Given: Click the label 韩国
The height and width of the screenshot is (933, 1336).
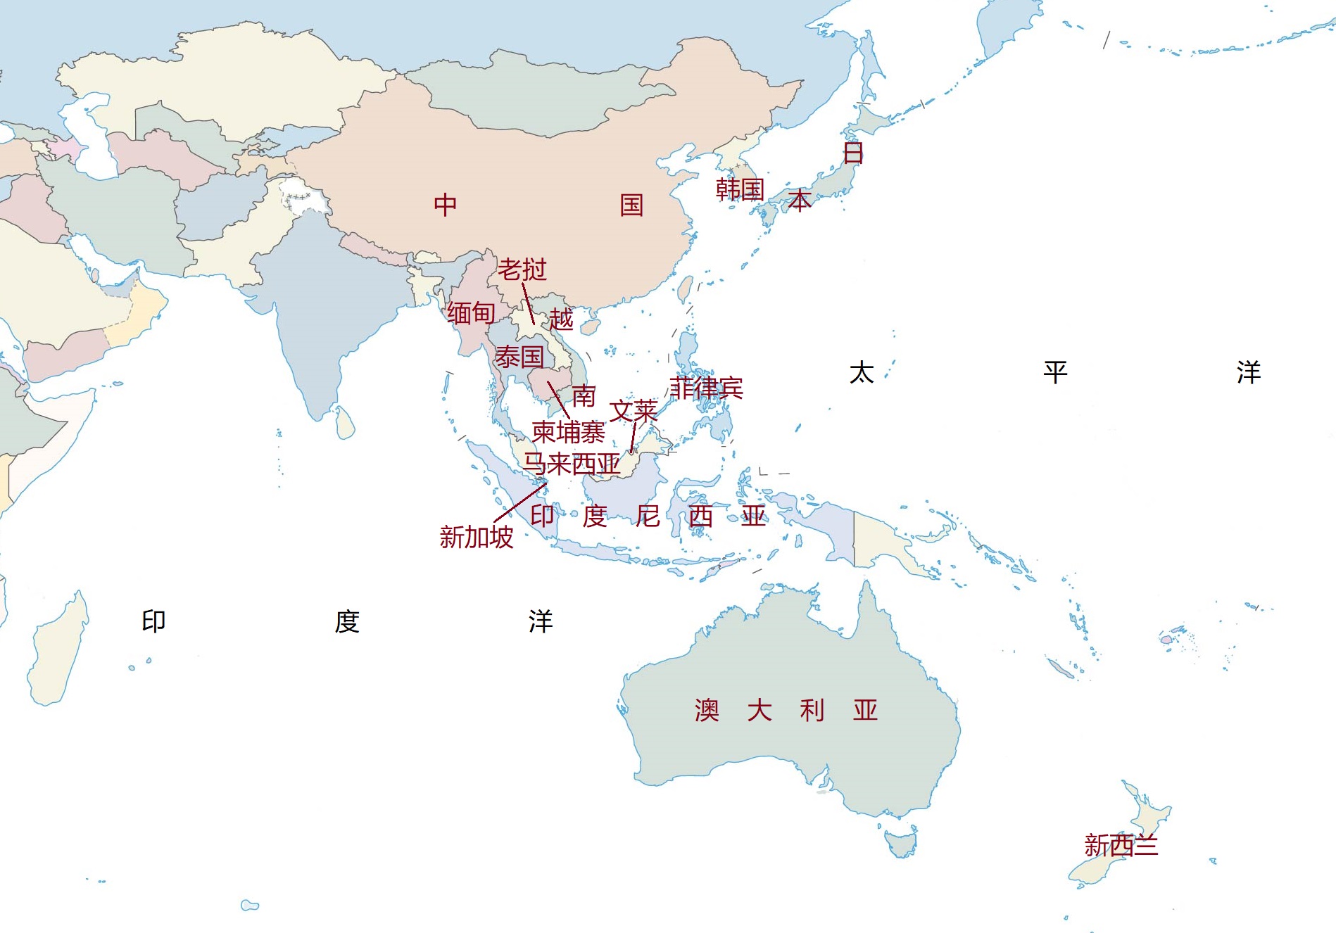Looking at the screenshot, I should (740, 189).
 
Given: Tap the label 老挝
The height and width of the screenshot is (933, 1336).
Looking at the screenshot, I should (522, 269).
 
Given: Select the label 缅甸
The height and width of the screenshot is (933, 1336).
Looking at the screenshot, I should (471, 313).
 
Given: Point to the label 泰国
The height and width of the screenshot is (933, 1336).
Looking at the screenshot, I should (519, 357).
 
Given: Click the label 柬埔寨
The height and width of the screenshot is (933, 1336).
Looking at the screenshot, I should (568, 432).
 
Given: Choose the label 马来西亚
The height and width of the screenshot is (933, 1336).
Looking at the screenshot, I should (571, 464).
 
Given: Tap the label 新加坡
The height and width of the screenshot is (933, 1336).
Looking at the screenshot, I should (477, 538).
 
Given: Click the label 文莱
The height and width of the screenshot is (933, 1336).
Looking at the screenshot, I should (633, 411).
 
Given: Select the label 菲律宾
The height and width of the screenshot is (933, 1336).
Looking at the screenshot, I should (705, 388).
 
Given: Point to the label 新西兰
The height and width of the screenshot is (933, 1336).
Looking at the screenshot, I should (1121, 845).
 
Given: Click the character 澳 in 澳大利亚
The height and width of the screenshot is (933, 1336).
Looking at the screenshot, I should (707, 711).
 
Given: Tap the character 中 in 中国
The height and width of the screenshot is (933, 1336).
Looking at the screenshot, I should (445, 205).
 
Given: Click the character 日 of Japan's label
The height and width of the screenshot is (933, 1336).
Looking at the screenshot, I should (853, 153).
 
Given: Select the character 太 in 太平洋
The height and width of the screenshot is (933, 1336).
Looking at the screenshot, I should (862, 372).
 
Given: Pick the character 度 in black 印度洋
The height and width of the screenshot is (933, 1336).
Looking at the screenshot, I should (347, 622).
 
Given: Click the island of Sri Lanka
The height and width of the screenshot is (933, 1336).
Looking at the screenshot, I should (345, 423).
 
